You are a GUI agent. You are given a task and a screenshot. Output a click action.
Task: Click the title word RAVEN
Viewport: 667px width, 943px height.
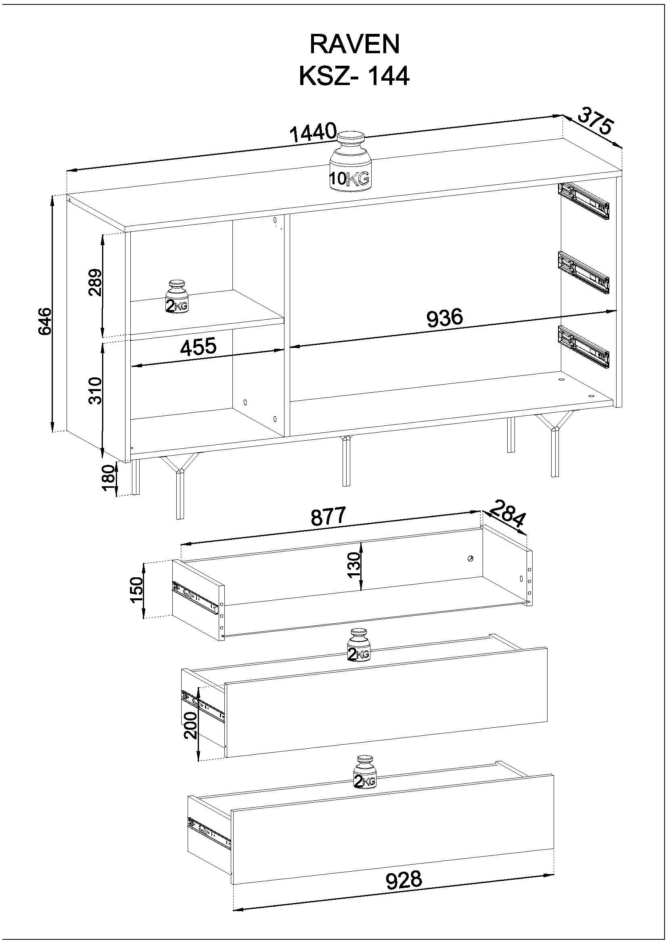coord(354,45)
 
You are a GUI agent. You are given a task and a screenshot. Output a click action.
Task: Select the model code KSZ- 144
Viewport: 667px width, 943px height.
coord(354,76)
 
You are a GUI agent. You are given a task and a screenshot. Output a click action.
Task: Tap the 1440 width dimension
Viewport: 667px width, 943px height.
coord(313,133)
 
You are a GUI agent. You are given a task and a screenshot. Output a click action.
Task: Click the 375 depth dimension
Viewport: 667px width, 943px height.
coord(595,121)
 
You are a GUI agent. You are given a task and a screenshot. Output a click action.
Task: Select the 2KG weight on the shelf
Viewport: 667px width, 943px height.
coord(177,297)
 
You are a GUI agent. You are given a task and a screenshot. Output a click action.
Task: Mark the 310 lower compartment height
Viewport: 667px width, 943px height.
coord(95,391)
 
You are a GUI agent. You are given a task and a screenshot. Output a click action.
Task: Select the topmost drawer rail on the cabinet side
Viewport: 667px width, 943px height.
coord(584,200)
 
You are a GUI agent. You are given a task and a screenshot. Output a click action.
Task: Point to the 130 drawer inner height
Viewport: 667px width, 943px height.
coord(354,565)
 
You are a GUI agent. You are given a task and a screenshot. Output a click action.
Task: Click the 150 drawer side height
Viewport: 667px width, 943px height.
coord(137,590)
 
